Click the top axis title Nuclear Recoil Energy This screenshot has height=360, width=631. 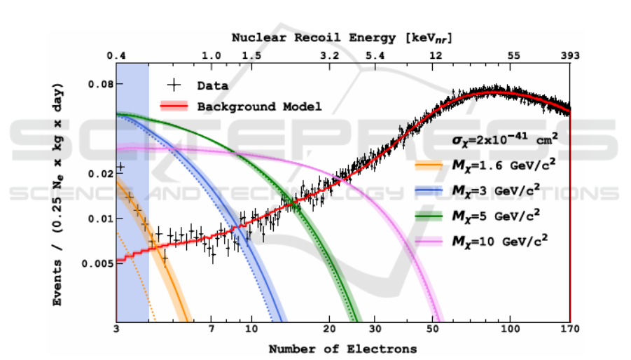[342, 38]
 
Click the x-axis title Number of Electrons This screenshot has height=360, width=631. [342, 348]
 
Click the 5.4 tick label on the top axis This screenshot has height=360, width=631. [375, 55]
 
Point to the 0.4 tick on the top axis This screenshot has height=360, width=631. [116, 55]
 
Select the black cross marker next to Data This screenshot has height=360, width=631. [174, 85]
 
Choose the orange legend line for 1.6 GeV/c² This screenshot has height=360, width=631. [429, 166]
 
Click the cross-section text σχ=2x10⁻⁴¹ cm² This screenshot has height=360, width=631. [497, 140]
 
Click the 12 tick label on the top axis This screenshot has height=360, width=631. [436, 55]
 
